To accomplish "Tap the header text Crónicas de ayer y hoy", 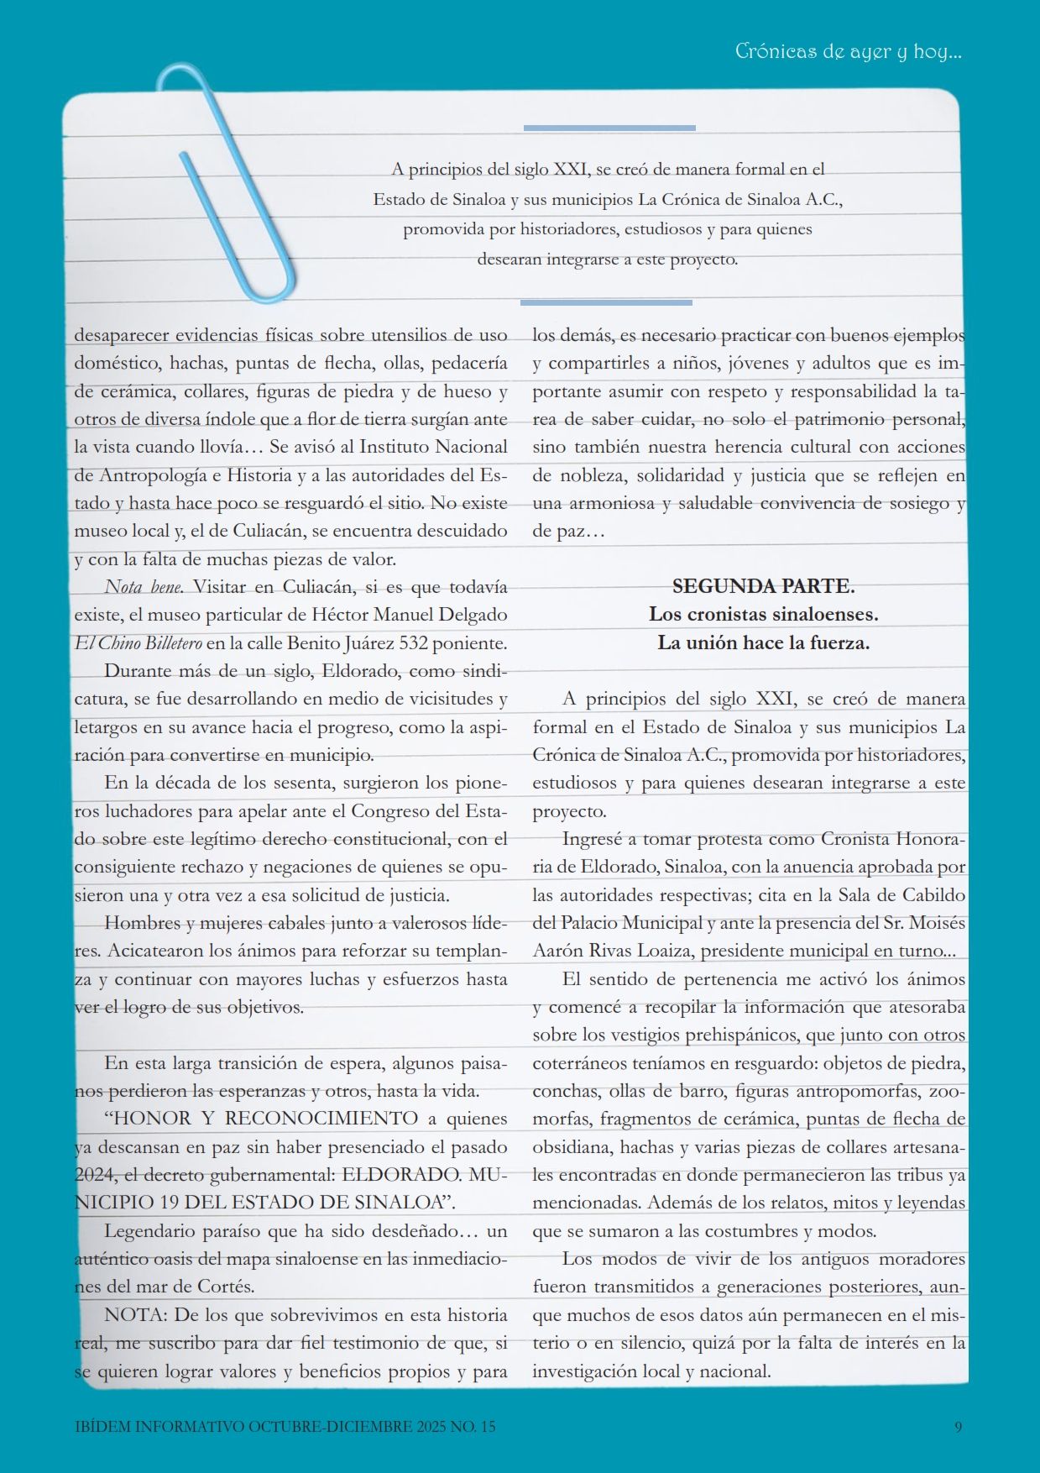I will click(848, 51).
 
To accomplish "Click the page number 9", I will click(958, 1426).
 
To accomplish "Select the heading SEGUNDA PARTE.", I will click(763, 586).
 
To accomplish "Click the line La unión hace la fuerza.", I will click(763, 643).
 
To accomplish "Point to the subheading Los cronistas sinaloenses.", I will click(763, 615).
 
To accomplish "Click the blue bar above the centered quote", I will click(609, 128).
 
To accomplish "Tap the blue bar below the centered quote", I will click(606, 302).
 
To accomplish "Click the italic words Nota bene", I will click(144, 587).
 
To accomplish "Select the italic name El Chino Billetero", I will click(138, 644).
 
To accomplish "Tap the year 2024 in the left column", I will click(92, 1174).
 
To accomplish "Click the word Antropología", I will click(153, 475).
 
